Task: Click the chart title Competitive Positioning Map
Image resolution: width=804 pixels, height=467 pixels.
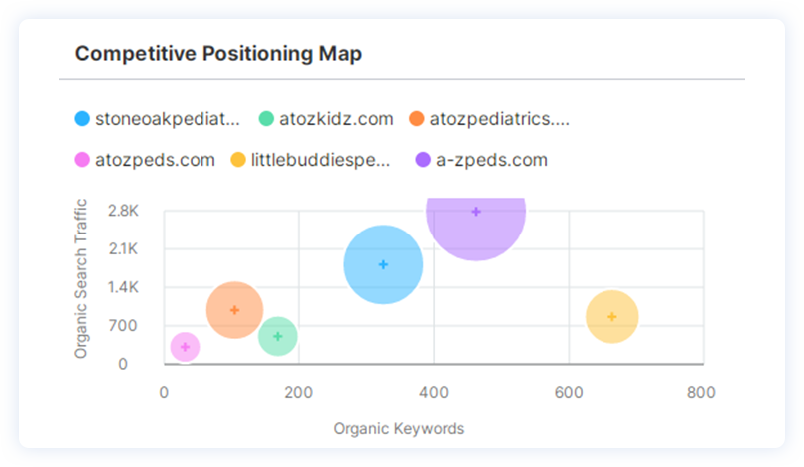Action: pyautogui.click(x=218, y=53)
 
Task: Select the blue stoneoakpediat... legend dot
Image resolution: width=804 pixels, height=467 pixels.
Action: pyautogui.click(x=82, y=119)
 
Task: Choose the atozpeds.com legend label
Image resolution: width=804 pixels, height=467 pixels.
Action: pyautogui.click(x=155, y=160)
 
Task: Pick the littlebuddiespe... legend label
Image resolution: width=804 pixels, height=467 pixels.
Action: pyautogui.click(x=320, y=160)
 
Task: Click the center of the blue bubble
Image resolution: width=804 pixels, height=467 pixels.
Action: pyautogui.click(x=383, y=264)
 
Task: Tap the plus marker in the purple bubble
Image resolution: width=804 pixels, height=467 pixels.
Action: pyautogui.click(x=476, y=212)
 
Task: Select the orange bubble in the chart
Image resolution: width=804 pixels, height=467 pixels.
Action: pyautogui.click(x=234, y=310)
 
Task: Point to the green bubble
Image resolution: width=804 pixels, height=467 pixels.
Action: pyautogui.click(x=277, y=336)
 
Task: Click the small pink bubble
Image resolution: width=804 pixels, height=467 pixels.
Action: pyautogui.click(x=185, y=347)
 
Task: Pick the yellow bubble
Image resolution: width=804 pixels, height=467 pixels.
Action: pyautogui.click(x=611, y=317)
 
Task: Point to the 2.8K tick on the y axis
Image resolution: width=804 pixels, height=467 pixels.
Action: pyautogui.click(x=123, y=211)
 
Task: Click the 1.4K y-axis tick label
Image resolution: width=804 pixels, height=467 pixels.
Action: pyautogui.click(x=123, y=287)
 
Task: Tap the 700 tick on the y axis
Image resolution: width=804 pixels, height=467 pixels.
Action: pyautogui.click(x=126, y=326)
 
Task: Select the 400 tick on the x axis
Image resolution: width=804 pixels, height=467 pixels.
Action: pyautogui.click(x=433, y=392)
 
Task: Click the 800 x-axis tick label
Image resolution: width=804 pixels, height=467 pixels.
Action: pyautogui.click(x=702, y=392)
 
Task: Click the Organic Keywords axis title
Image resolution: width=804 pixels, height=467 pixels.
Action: pyautogui.click(x=399, y=429)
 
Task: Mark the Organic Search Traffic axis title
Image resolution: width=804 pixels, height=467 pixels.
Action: pyautogui.click(x=82, y=279)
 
